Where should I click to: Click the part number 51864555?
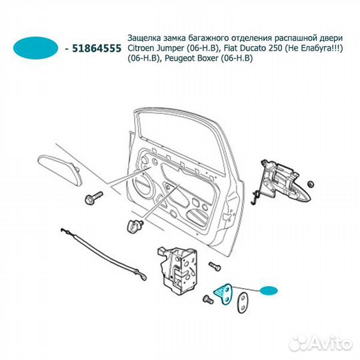97,49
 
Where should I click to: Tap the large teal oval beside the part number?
36,48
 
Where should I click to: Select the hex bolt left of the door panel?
94,197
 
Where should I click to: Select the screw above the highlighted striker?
215,267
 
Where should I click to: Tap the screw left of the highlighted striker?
208,299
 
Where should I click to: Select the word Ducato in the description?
254,49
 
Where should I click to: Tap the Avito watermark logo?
320,344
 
